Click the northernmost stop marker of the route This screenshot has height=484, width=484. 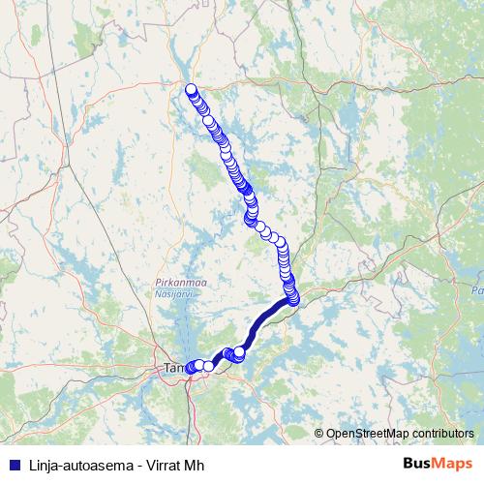(x=192, y=89)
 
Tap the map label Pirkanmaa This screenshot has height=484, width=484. (x=175, y=281)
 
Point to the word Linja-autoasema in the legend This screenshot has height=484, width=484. (x=68, y=463)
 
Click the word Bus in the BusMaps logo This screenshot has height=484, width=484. (x=418, y=463)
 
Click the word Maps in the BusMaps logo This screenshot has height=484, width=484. (x=453, y=463)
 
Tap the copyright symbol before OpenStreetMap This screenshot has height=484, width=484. (x=319, y=434)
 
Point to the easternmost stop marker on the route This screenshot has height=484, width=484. (x=294, y=297)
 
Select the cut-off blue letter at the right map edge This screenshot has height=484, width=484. (x=478, y=289)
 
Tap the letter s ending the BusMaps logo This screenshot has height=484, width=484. (x=469, y=463)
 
